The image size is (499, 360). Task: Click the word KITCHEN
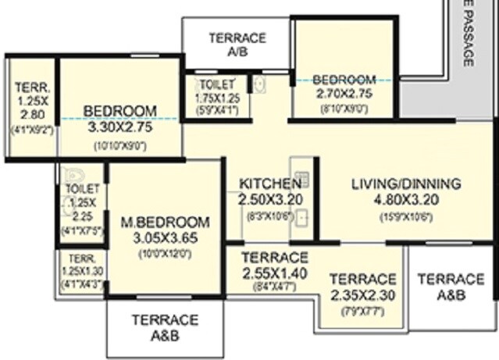[270, 184]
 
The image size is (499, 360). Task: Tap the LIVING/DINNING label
[406, 184]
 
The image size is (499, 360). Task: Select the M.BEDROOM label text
[166, 221]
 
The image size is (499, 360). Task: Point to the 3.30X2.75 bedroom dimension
[120, 127]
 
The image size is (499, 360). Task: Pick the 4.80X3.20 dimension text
[406, 200]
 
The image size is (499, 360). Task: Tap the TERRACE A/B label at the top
[237, 45]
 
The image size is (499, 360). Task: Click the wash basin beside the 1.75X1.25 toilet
[259, 84]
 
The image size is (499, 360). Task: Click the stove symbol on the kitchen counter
[301, 177]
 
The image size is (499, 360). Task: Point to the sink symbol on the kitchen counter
[302, 219]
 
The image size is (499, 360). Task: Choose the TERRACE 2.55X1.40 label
[274, 265]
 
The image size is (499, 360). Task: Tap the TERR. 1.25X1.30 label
[80, 265]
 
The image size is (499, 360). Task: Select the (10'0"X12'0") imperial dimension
[166, 253]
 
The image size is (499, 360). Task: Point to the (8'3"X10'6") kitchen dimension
[270, 216]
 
